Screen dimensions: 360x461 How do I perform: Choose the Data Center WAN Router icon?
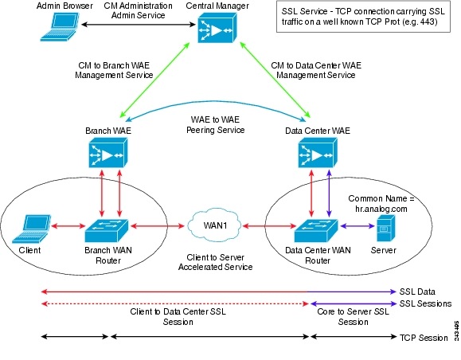(x=317, y=229)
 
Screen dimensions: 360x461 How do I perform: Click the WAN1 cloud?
(x=210, y=229)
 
